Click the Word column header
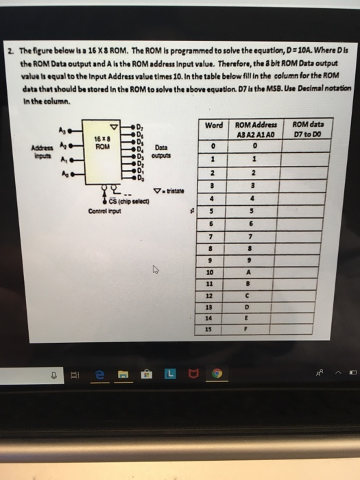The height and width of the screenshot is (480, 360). (x=213, y=125)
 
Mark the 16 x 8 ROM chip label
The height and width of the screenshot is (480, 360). (x=101, y=143)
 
